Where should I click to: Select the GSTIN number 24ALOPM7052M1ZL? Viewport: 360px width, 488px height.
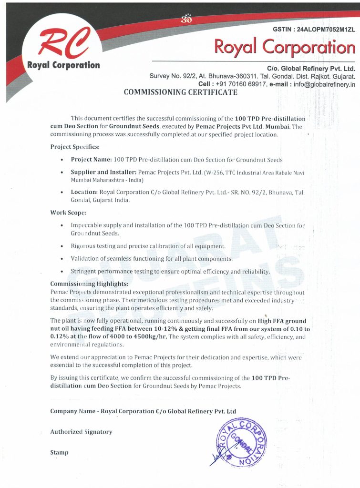(x=326, y=30)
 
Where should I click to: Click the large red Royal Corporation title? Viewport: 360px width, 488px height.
(x=285, y=47)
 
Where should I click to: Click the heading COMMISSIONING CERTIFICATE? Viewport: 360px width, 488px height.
(x=180, y=92)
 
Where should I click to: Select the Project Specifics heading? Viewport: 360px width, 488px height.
(x=75, y=147)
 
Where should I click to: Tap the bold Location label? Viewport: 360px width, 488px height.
(x=84, y=192)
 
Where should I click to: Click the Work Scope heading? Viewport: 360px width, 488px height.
(x=68, y=213)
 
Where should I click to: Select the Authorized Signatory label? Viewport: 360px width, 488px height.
(x=81, y=432)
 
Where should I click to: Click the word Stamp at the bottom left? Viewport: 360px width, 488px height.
(x=59, y=452)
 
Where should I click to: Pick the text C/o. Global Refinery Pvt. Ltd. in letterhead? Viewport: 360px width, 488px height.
(x=311, y=68)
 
